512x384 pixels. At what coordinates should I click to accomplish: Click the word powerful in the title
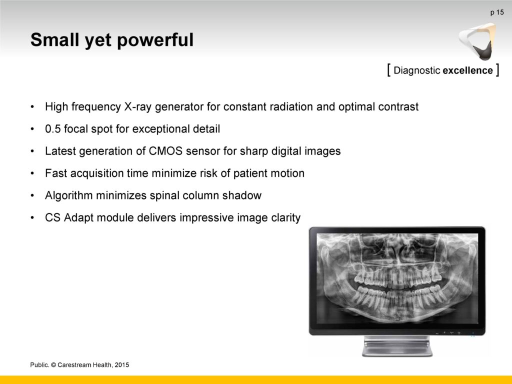pos(155,40)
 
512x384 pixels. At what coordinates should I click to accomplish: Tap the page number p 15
pos(497,12)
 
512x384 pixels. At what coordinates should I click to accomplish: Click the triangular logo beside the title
pos(477,41)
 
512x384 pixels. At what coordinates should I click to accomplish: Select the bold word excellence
pos(467,70)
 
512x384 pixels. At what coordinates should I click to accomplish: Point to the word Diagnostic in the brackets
pos(417,70)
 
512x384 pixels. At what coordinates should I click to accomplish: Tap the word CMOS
pos(165,151)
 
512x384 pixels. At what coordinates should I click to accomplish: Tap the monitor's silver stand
pos(397,346)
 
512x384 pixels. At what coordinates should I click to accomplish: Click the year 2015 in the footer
pos(122,365)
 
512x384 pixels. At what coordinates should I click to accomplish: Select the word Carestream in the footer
pos(74,365)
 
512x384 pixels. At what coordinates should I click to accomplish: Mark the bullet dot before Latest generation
pos(32,151)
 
